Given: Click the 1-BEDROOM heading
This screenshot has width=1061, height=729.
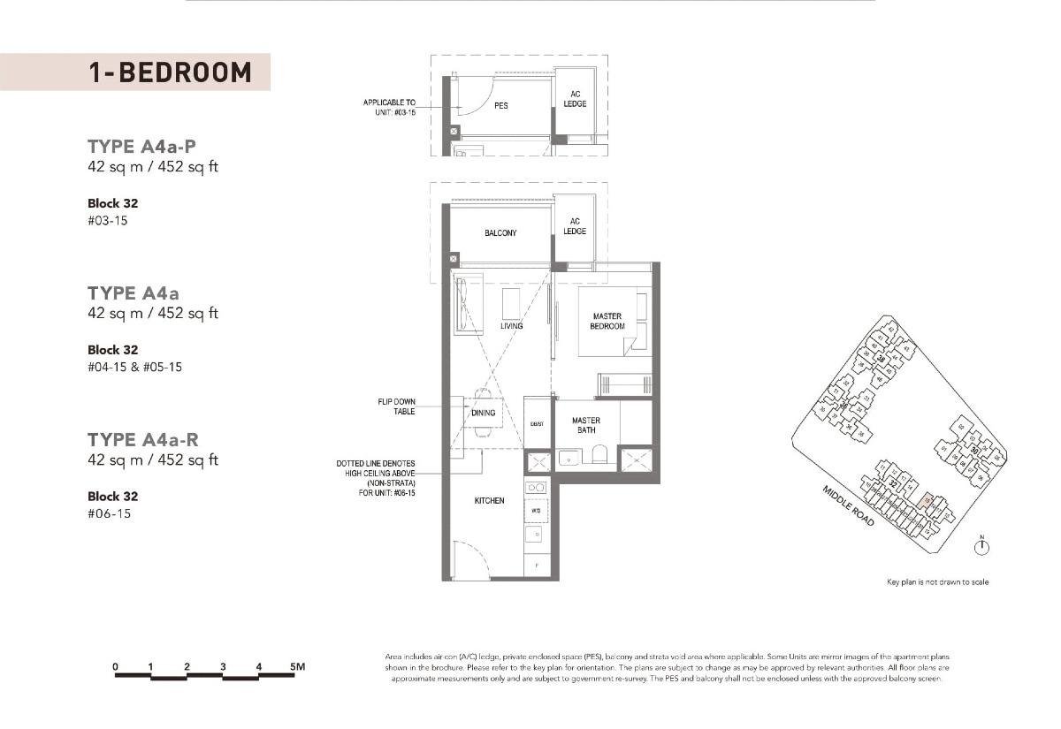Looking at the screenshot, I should click(170, 72).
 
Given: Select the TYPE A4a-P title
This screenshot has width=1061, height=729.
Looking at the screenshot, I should click(141, 146).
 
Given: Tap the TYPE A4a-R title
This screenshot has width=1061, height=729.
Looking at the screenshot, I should click(141, 439).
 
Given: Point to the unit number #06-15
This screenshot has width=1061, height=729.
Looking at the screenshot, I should click(109, 513).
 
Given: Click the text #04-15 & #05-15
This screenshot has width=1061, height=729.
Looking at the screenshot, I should click(134, 367).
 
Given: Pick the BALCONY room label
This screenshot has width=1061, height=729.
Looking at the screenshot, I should click(500, 233).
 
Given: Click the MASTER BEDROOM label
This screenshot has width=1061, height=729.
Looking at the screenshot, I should click(607, 322).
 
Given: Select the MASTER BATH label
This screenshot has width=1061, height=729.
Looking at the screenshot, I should click(585, 426).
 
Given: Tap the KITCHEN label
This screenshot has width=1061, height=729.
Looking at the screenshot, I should click(489, 501).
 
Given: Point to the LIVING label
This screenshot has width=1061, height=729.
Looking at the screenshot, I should click(511, 326).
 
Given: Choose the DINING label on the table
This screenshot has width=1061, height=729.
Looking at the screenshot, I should click(483, 413).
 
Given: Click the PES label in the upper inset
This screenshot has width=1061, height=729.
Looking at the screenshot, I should click(500, 106).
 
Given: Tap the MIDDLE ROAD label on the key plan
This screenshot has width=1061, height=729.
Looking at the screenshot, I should click(848, 506).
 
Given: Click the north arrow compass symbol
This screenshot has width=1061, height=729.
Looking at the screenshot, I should click(981, 548).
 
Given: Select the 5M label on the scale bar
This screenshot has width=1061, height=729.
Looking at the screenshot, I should click(297, 666).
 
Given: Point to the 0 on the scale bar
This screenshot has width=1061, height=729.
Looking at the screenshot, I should click(116, 666).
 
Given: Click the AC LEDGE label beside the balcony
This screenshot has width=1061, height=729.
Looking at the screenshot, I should click(575, 226).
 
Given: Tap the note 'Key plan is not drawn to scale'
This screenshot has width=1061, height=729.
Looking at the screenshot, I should click(937, 582).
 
